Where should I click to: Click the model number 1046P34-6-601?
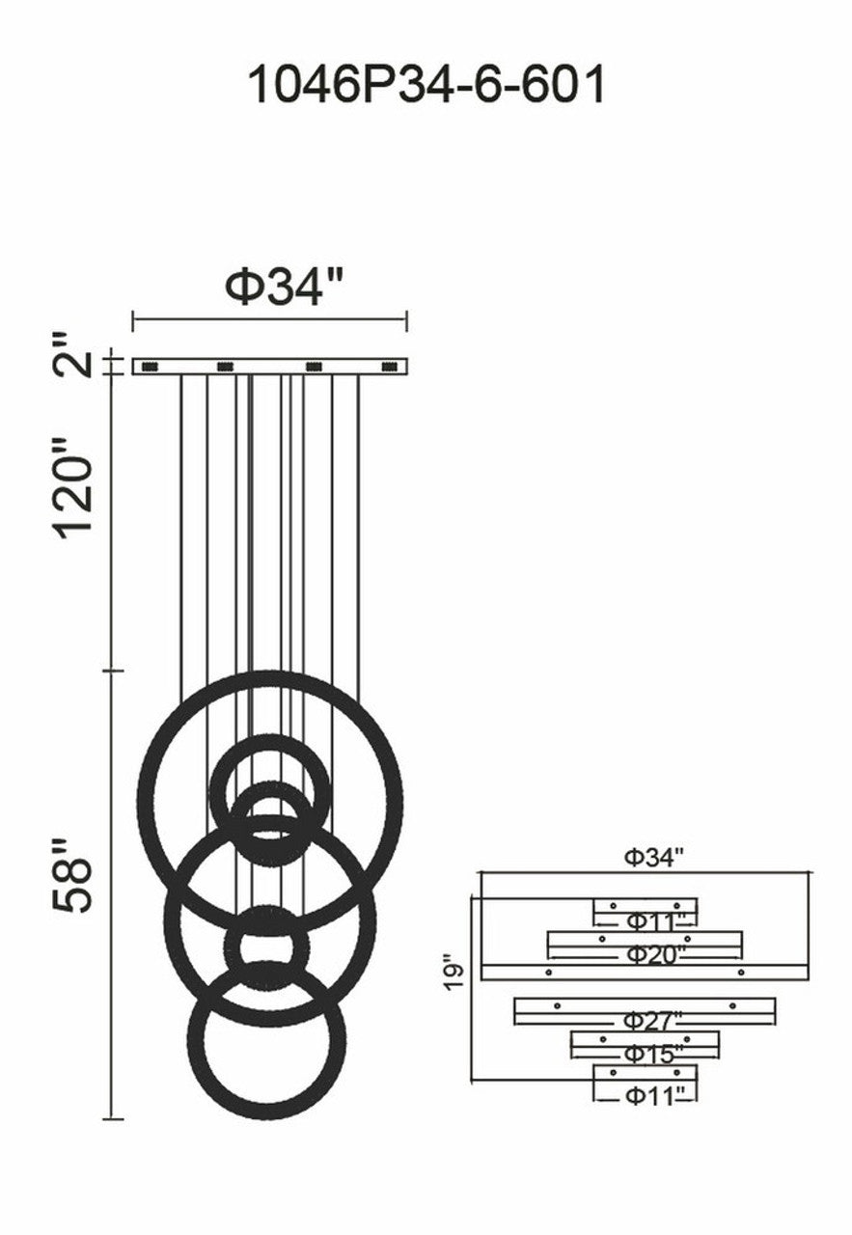426,85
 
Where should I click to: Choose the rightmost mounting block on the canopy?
391,366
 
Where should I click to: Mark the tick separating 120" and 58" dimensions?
115,670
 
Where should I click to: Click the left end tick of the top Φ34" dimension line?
133,319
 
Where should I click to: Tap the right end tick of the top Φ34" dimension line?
407,319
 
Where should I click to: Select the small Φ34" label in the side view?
653,857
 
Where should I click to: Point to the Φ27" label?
652,1020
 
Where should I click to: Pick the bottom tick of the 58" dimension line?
115,1119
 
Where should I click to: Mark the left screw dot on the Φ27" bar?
557,1006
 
